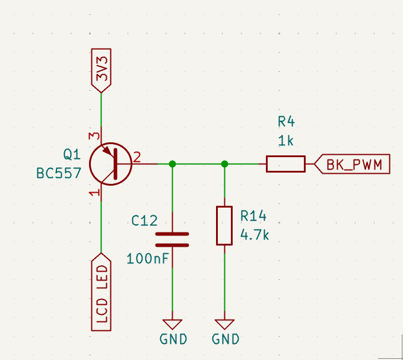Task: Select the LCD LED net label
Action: (101, 292)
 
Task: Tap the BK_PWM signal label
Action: (352, 164)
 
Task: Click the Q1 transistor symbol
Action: (111, 163)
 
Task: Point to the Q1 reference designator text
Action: (71, 155)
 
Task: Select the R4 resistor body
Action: (285, 164)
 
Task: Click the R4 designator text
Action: (286, 122)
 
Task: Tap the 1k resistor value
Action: (286, 141)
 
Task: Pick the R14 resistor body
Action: (224, 225)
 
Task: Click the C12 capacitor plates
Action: (172, 239)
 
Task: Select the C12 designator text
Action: (144, 221)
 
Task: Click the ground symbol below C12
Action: (173, 324)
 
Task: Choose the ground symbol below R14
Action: (224, 324)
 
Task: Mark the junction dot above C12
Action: (172, 164)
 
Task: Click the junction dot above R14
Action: (224, 164)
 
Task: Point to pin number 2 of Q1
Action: (137, 157)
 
